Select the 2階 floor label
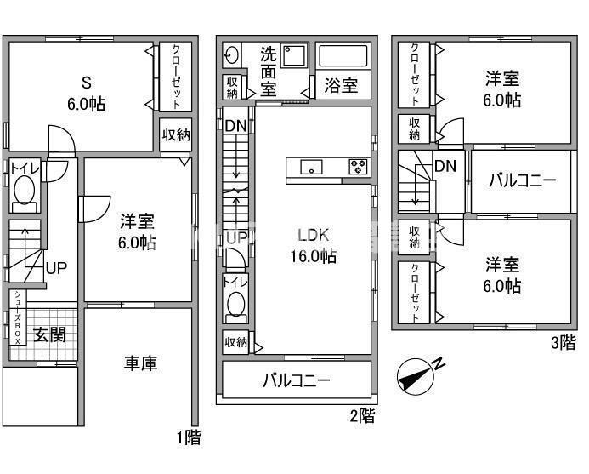(361, 416)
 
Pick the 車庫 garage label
(140, 363)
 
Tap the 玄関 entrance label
(49, 334)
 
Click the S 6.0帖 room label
(86, 94)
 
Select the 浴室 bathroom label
(341, 86)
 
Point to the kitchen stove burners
(358, 166)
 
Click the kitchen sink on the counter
(311, 167)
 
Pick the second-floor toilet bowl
(235, 305)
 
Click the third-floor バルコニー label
(522, 181)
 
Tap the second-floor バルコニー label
(296, 380)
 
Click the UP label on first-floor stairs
(56, 268)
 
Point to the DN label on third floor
(445, 166)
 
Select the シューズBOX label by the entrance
(16, 317)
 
